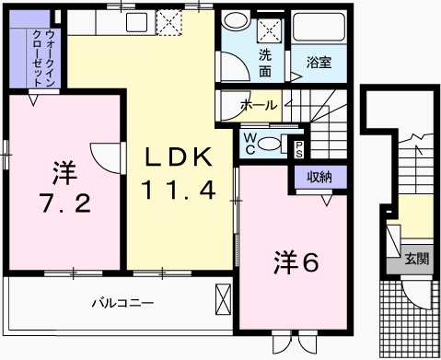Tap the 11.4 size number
click(x=178, y=191)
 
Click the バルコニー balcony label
click(x=121, y=302)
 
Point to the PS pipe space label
click(x=298, y=146)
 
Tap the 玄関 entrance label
click(x=414, y=261)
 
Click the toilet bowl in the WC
click(x=269, y=143)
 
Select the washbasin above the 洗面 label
click(x=233, y=28)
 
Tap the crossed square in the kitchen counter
click(x=169, y=21)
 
